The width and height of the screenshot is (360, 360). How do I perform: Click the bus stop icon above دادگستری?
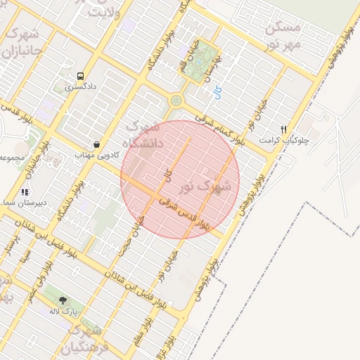tap(81, 76)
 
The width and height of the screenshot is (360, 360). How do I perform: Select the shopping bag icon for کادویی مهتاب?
tap(96, 143)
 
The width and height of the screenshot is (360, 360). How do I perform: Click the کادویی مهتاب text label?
tap(94, 154)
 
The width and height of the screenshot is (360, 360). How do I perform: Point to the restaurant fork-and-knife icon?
tap(284, 129)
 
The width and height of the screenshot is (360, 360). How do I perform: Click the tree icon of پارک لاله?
tap(63, 300)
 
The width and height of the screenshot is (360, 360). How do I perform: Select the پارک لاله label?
tap(63, 310)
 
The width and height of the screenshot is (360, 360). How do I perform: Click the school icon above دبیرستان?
tap(25, 191)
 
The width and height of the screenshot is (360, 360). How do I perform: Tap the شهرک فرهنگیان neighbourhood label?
tap(85, 338)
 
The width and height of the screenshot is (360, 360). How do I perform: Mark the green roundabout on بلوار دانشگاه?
tap(176, 101)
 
